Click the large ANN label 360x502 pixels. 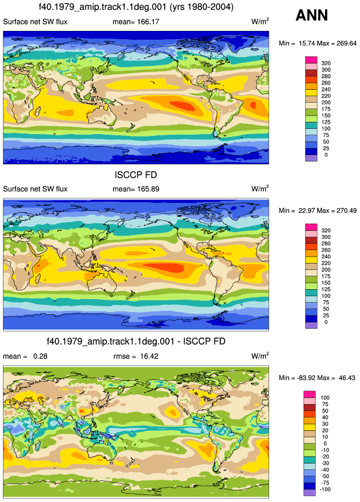(312, 15)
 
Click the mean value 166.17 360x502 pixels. (148, 22)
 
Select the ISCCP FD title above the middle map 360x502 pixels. (136, 175)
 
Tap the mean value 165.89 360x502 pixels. (148, 189)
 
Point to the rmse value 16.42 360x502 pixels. (149, 356)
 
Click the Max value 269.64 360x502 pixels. (346, 43)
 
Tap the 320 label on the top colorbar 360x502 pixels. (326, 63)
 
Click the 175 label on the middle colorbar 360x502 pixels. (326, 276)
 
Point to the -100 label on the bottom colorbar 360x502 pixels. (325, 490)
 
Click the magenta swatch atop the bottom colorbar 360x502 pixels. (309, 394)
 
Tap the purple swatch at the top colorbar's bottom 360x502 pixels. (312, 158)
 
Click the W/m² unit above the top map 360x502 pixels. (260, 22)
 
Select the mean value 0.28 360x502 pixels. (40, 356)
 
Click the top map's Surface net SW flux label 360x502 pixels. (35, 22)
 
